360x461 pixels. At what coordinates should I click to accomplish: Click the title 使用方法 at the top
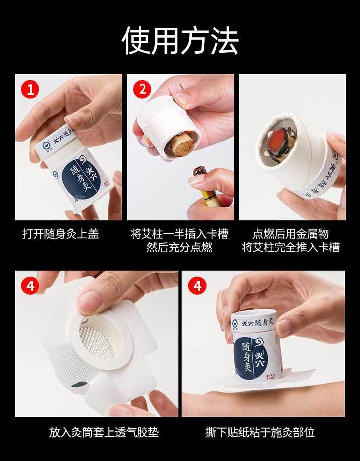tap(180, 40)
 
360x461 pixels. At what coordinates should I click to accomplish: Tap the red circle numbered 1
tap(30, 89)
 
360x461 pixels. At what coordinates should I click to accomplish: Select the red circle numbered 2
tap(142, 89)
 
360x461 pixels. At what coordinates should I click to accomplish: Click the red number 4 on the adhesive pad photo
tap(30, 285)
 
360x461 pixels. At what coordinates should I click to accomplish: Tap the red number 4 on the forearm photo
tap(197, 285)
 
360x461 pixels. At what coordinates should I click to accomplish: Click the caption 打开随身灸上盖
tap(61, 234)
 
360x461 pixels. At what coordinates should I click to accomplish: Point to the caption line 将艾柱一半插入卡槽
tap(179, 234)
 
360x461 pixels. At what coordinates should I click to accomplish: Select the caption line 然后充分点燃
tap(179, 247)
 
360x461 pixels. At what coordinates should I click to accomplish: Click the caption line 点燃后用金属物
tap(290, 234)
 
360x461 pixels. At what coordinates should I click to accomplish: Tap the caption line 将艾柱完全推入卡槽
tap(290, 247)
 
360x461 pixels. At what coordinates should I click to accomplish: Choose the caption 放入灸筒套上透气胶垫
tap(104, 432)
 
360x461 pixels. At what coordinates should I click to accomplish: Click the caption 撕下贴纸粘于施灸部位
tap(260, 432)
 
